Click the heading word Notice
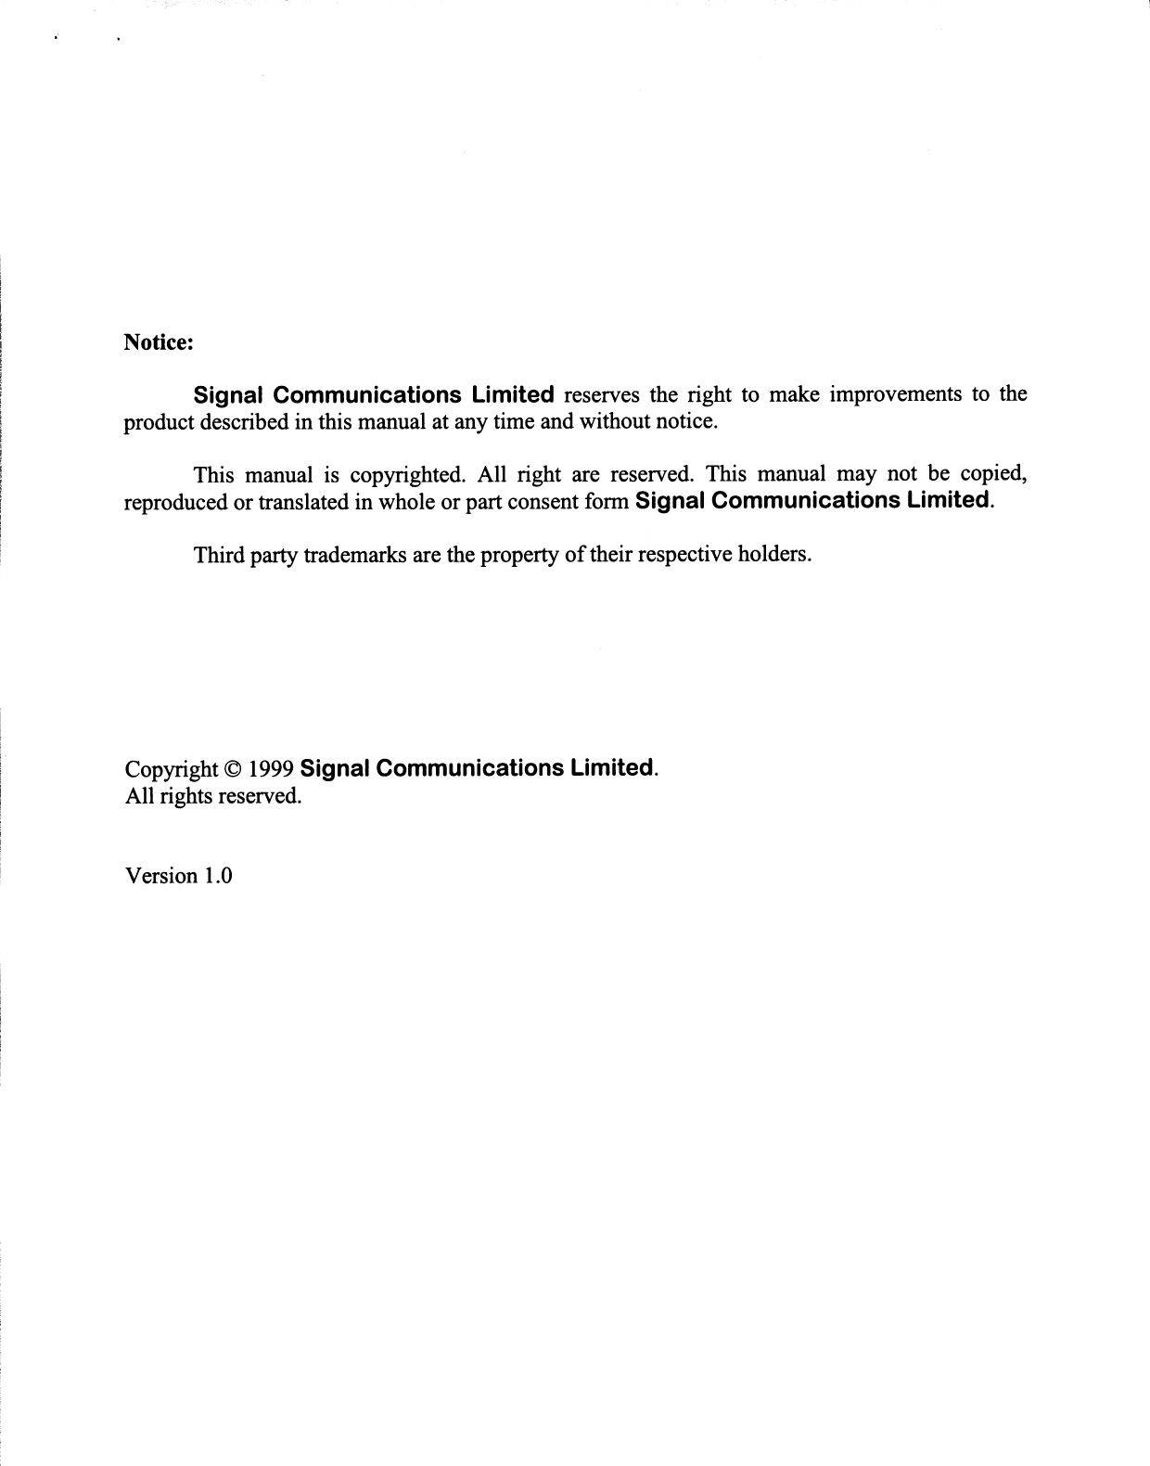click(159, 342)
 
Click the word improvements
click(894, 394)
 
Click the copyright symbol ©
click(233, 770)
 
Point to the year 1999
click(272, 770)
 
